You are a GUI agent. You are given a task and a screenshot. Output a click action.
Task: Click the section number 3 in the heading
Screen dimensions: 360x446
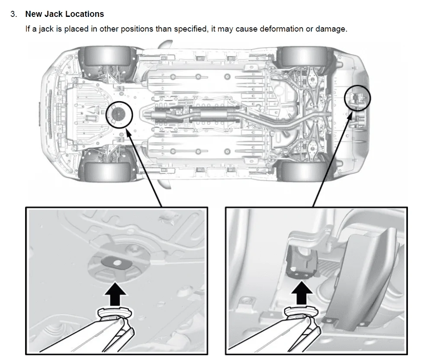tap(13, 14)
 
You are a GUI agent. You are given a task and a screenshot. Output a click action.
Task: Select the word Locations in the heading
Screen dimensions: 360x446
tap(84, 14)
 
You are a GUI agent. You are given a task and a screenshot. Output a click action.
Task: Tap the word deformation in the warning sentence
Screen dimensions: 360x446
tap(258, 29)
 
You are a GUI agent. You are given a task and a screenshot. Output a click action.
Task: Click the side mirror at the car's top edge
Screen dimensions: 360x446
tap(166, 45)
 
